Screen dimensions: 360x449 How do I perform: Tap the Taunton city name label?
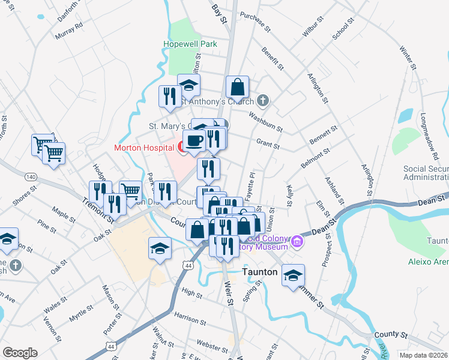tap(260, 271)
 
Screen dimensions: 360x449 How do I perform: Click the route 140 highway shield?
tap(31, 177)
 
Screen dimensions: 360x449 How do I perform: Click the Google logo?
tap(20, 353)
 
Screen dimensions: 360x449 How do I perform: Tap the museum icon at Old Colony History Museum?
tap(297, 242)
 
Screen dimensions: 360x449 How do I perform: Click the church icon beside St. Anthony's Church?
tap(262, 101)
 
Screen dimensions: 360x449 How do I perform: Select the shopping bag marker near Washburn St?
tap(238, 87)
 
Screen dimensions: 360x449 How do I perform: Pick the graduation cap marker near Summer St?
tap(293, 275)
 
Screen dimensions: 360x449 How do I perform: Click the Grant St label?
tap(268, 145)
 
